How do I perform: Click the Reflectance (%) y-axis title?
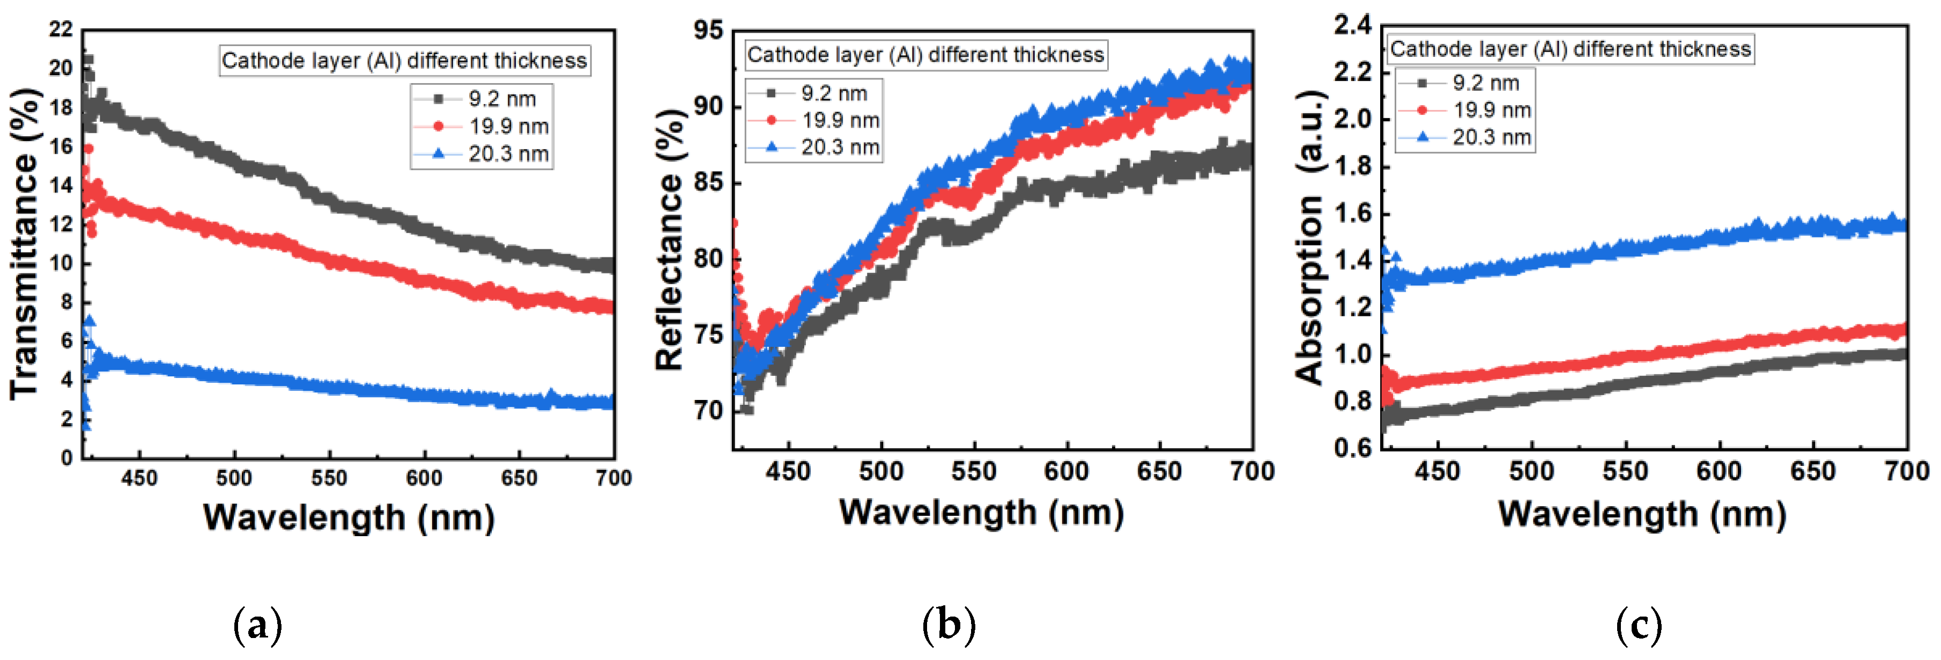[x=669, y=240]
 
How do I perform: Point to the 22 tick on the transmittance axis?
[x=61, y=29]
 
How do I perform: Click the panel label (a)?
[x=258, y=625]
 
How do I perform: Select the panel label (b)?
[x=949, y=625]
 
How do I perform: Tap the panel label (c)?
[x=1638, y=625]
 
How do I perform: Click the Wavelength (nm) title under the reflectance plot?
[x=981, y=513]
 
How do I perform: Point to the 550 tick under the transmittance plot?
[x=329, y=478]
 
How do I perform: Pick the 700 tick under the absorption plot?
[x=1906, y=472]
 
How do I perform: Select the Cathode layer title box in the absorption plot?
[x=1570, y=49]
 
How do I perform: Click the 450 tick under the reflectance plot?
[x=788, y=472]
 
